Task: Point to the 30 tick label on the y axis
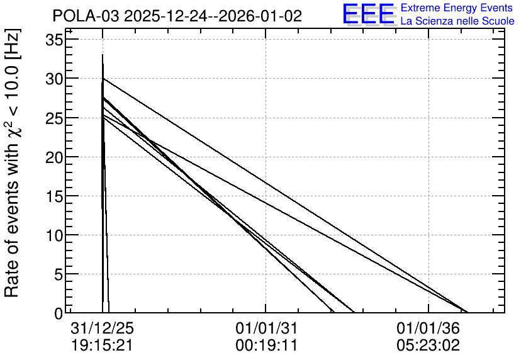point(54,79)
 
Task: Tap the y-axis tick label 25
point(54,118)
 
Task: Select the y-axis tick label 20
point(54,157)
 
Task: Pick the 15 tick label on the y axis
point(54,196)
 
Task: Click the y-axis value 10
point(54,235)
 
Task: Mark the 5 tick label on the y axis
point(59,275)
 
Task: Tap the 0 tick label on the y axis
point(59,313)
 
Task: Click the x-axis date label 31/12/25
point(103,328)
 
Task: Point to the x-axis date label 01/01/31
point(267,328)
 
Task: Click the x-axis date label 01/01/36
point(428,328)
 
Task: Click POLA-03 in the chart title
point(86,16)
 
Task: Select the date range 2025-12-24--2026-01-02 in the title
point(213,16)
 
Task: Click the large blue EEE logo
point(368,14)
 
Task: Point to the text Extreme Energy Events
point(457,8)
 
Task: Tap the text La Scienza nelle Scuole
point(457,21)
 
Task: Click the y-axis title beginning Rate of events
point(13,163)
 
